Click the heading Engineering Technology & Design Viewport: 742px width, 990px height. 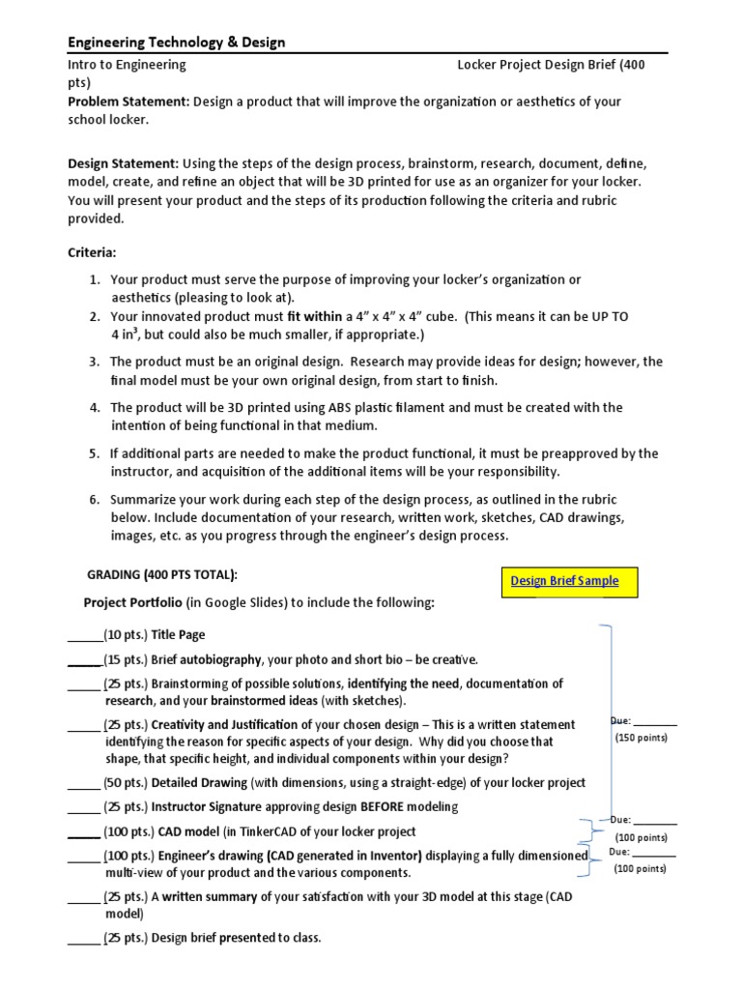[x=176, y=42]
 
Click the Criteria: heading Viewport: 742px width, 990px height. [x=92, y=252]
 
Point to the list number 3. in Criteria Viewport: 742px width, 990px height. [x=95, y=362]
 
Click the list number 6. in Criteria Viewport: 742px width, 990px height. [x=95, y=500]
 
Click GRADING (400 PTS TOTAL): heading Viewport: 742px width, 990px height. [x=162, y=575]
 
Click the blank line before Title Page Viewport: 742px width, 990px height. [x=84, y=636]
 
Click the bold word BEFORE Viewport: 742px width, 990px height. [x=388, y=806]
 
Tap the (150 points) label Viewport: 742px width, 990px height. [x=641, y=738]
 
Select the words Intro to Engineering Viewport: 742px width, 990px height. [x=127, y=65]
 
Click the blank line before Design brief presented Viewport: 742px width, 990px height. [x=84, y=938]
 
